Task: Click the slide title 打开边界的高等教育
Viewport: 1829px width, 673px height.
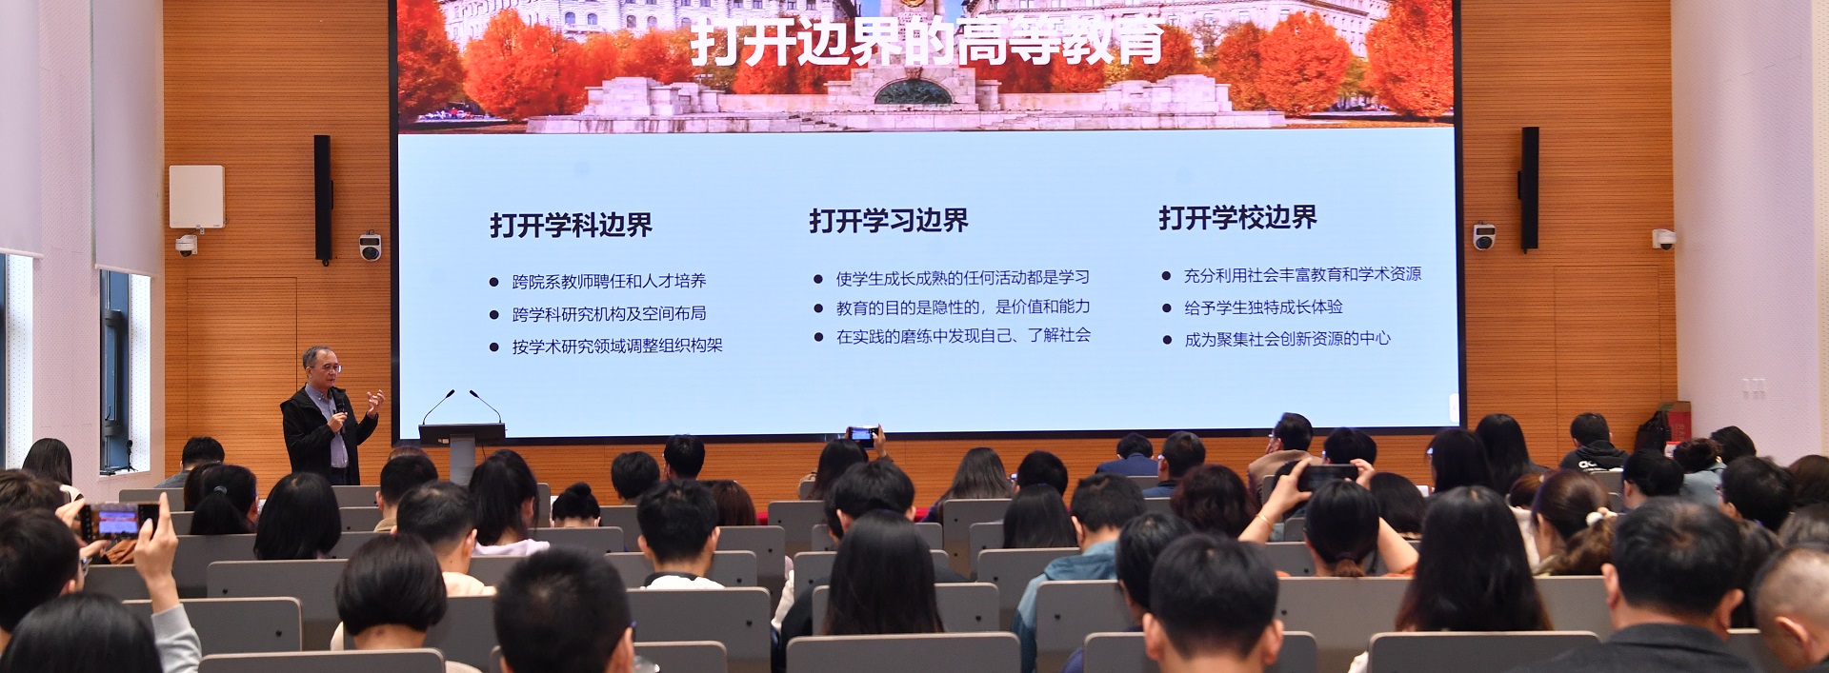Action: [926, 43]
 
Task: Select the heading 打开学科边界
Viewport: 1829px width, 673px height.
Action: [571, 225]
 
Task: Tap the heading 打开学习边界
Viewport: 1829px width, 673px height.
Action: [889, 221]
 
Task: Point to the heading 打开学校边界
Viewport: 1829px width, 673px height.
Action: [1237, 218]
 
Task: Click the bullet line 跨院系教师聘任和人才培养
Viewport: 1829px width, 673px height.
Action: [609, 281]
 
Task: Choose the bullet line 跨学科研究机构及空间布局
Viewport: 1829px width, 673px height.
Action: [609, 313]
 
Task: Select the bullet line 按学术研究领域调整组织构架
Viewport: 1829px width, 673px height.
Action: [617, 346]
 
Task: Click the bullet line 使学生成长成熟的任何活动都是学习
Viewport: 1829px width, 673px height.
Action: [962, 278]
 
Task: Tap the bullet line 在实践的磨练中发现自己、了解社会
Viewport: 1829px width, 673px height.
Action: [963, 335]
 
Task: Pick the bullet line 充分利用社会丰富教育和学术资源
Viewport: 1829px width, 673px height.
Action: [1302, 274]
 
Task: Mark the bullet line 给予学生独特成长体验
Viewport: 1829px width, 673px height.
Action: [1263, 307]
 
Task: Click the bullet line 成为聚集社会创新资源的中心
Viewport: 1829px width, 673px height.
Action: [1287, 339]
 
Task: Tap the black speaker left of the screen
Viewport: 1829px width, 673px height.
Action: [323, 199]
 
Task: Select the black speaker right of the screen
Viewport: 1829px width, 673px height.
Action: [1530, 188]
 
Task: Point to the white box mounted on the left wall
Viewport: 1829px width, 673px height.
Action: [196, 196]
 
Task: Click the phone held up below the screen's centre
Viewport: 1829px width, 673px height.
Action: [862, 436]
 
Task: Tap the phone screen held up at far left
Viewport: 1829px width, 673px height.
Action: [118, 521]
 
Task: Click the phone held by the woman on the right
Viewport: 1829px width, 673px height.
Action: [1327, 476]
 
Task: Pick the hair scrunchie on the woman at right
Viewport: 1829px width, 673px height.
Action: [1595, 520]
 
